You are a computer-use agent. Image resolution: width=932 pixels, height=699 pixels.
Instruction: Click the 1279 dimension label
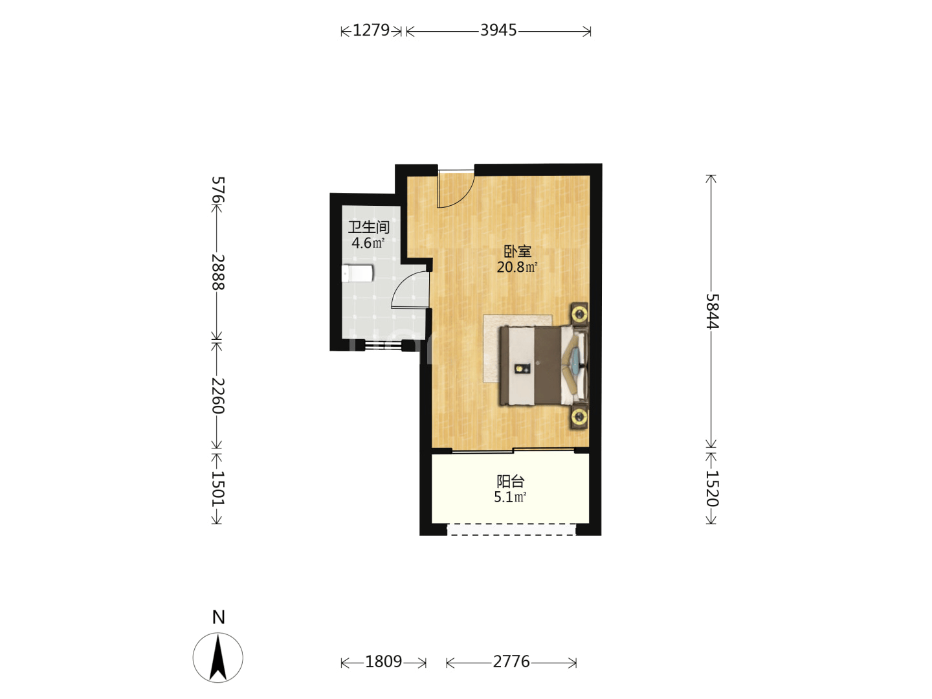click(x=371, y=30)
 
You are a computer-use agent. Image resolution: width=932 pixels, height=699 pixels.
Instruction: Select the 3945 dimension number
click(x=498, y=30)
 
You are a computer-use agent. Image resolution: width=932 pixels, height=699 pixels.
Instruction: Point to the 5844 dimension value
click(x=712, y=311)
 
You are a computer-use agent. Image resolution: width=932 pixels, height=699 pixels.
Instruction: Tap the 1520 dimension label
click(x=712, y=489)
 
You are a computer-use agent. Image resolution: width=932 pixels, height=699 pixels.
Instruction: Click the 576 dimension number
click(x=218, y=190)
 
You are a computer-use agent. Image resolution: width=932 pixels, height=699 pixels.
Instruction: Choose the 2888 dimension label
click(x=218, y=272)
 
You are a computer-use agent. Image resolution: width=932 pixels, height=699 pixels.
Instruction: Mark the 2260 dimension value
click(x=218, y=395)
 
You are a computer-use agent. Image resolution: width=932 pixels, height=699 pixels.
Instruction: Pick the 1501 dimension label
click(x=218, y=489)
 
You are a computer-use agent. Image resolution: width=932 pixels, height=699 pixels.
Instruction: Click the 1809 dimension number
click(x=383, y=661)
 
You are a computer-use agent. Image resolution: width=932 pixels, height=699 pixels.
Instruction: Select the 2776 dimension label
click(x=511, y=661)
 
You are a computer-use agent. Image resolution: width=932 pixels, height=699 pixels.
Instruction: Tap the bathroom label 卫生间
click(x=368, y=227)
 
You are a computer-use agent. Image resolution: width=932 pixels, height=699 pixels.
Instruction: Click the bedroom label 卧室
click(x=517, y=252)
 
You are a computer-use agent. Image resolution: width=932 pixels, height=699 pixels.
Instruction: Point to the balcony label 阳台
click(x=511, y=482)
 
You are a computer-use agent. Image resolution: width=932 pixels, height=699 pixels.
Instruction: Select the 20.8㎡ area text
click(x=517, y=267)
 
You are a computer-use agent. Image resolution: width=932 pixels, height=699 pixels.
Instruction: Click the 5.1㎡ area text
click(x=510, y=497)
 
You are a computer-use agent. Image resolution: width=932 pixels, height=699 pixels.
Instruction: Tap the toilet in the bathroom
click(x=357, y=273)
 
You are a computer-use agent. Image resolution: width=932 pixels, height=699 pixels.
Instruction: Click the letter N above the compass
click(x=218, y=617)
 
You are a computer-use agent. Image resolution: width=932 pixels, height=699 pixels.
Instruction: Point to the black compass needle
click(x=218, y=658)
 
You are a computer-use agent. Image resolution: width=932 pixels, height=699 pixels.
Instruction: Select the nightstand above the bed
click(x=579, y=315)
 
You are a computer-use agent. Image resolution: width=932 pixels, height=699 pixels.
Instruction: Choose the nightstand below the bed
click(x=579, y=417)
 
